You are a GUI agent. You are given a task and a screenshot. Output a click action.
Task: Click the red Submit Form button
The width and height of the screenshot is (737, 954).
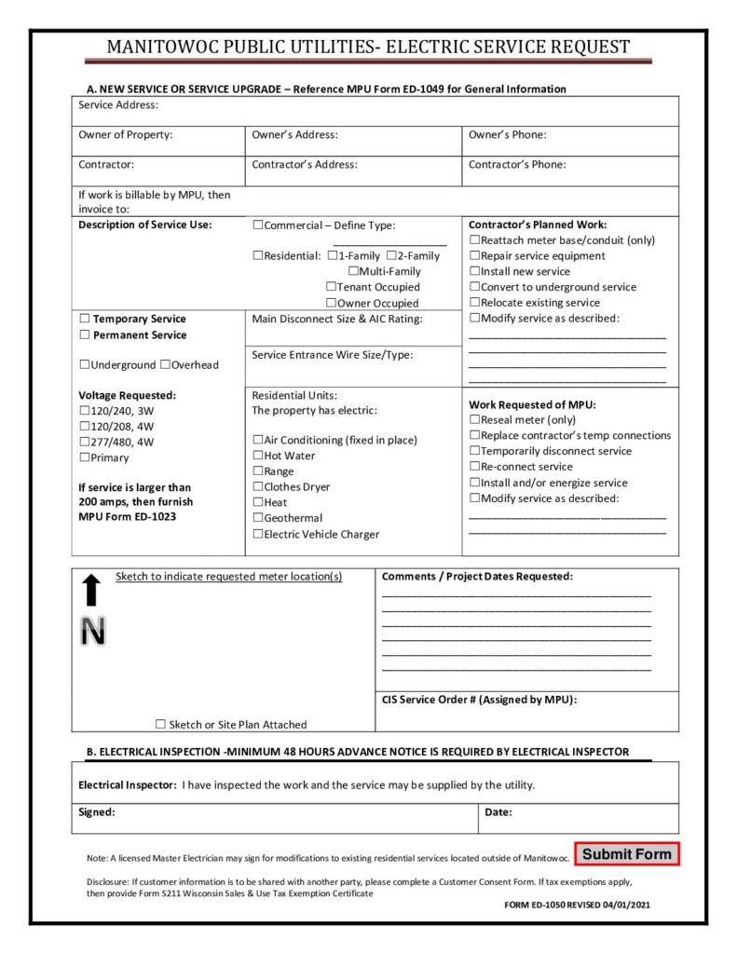click(x=626, y=853)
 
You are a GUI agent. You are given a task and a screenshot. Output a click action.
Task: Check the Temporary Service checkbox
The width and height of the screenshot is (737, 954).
click(x=85, y=320)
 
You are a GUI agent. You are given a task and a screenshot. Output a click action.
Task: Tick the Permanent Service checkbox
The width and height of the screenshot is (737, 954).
click(x=85, y=335)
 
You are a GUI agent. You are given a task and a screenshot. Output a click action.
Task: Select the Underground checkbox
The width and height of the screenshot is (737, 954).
click(x=85, y=365)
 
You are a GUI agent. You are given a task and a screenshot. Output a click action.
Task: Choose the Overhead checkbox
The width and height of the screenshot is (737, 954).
click(x=165, y=365)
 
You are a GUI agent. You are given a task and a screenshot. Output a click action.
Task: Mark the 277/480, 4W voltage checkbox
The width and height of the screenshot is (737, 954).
click(x=85, y=443)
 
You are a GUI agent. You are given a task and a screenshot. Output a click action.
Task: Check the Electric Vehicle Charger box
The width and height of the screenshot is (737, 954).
click(x=258, y=535)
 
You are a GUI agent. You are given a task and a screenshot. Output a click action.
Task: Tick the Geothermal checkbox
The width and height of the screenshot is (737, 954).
click(x=258, y=519)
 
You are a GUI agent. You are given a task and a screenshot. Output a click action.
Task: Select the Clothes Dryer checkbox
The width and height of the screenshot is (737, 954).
click(x=258, y=487)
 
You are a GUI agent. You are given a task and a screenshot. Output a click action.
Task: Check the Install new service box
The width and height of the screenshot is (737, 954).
click(x=474, y=272)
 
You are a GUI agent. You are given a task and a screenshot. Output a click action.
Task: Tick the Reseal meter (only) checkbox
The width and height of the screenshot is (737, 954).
click(x=474, y=420)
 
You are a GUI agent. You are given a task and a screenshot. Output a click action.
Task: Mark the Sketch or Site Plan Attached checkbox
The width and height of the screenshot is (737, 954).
click(x=160, y=725)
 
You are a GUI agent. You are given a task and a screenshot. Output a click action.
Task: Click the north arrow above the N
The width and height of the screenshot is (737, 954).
click(x=91, y=591)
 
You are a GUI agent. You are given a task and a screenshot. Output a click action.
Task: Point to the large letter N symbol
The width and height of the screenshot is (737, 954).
click(x=92, y=632)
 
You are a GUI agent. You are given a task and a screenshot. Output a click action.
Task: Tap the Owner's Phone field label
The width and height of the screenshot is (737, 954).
click(x=507, y=135)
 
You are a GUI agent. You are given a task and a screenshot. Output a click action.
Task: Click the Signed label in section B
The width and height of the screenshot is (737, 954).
click(x=97, y=812)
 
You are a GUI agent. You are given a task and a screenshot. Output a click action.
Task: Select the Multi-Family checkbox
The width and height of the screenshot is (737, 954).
click(x=353, y=272)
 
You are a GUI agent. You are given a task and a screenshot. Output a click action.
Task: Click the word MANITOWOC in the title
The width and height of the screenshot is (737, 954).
click(x=164, y=48)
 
